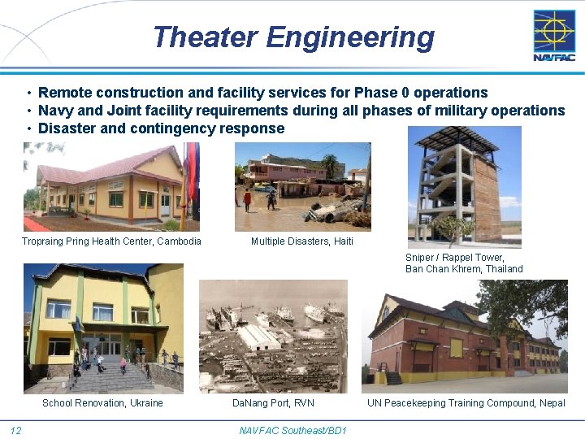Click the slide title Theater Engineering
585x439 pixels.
click(292, 37)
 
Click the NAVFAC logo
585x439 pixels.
click(553, 35)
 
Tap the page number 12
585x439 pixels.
click(15, 430)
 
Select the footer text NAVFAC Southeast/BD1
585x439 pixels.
click(292, 430)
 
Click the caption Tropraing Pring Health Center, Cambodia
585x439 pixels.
click(111, 241)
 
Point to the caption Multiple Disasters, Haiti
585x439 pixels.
click(302, 241)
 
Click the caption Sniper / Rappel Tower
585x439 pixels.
click(454, 258)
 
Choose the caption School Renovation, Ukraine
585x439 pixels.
click(102, 403)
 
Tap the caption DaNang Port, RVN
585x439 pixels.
click(273, 403)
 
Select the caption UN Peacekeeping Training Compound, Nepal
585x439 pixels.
click(466, 403)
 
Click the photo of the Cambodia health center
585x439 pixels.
click(111, 187)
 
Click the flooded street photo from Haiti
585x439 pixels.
click(302, 187)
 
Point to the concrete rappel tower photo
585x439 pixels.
click(464, 187)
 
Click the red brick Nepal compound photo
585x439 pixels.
click(465, 337)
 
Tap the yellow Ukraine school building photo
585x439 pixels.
click(103, 328)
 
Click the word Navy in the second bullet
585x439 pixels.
click(55, 111)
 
